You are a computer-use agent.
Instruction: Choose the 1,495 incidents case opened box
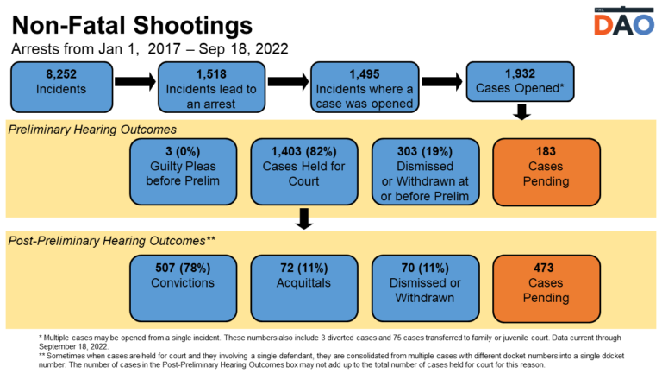(361, 86)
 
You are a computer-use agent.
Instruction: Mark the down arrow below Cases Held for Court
(303, 218)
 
